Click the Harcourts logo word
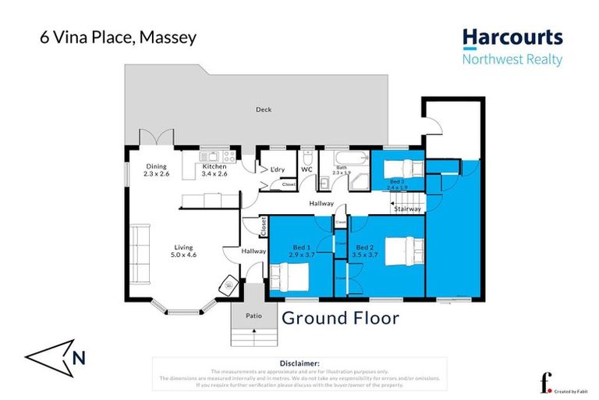(512, 37)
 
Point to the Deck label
(264, 109)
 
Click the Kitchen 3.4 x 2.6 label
(214, 170)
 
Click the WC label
(307, 170)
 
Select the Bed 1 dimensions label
(300, 251)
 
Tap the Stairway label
(408, 209)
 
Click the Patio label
(254, 316)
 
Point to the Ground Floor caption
(340, 318)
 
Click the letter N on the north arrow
(78, 358)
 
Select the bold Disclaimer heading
(299, 363)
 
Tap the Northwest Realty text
(512, 59)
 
